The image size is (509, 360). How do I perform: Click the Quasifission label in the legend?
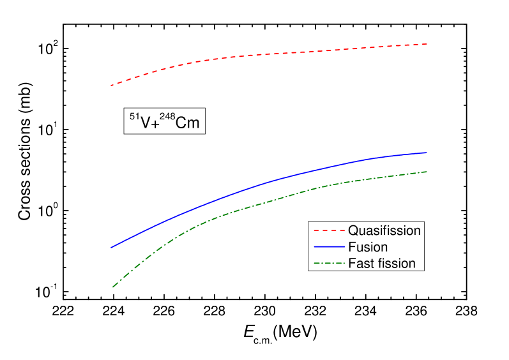click(x=384, y=230)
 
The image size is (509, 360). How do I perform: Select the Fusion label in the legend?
click(x=368, y=247)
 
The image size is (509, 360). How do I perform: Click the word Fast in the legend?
click(x=360, y=264)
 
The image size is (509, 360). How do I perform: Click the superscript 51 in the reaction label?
click(x=134, y=117)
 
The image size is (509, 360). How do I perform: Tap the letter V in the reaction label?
click(x=145, y=123)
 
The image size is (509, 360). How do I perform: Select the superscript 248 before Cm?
click(x=167, y=117)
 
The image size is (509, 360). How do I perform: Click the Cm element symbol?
click(x=187, y=123)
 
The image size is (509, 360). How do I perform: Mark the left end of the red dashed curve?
click(x=112, y=85)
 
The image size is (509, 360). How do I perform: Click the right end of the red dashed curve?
click(x=426, y=44)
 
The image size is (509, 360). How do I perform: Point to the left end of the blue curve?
click(x=112, y=247)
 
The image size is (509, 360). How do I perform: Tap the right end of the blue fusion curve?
click(x=426, y=153)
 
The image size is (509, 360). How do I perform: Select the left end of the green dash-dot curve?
click(x=112, y=287)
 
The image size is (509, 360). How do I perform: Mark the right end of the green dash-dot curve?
click(x=426, y=171)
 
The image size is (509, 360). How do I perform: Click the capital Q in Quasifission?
click(x=353, y=230)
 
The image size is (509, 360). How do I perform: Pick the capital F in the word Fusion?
click(x=352, y=247)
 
